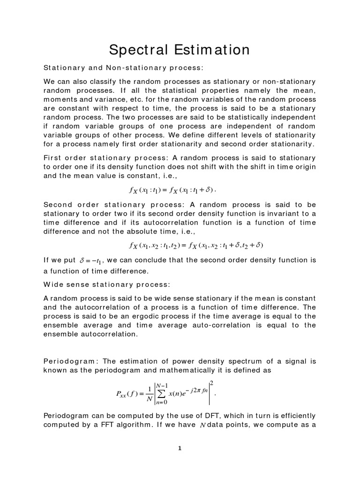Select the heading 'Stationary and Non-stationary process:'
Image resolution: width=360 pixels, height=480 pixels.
[123, 68]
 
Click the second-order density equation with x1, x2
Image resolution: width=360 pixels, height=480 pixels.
[196, 245]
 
